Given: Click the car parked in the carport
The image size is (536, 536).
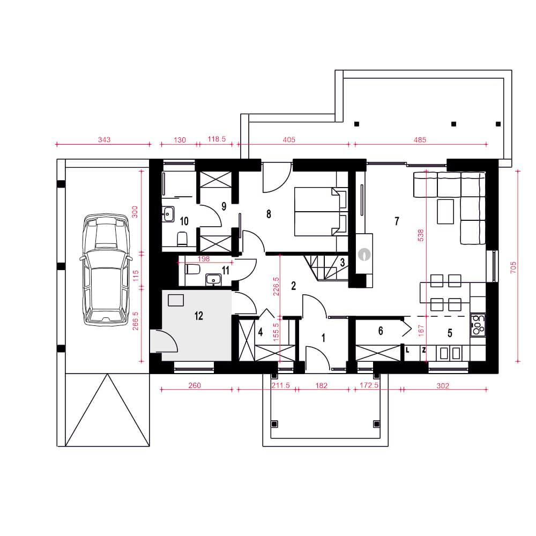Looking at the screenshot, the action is tap(106, 270).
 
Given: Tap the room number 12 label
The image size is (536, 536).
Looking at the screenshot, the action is tap(199, 316).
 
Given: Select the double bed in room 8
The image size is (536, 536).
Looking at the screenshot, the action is tap(321, 211).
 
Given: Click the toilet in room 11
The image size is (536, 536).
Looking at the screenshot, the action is tap(192, 269).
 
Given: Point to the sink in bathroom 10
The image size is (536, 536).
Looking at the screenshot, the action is tap(168, 214).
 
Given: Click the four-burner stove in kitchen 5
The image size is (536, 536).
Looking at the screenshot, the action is tap(478, 325).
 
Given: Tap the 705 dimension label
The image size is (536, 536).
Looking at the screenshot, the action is tap(513, 267).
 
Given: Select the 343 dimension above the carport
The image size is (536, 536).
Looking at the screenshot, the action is tap(105, 139).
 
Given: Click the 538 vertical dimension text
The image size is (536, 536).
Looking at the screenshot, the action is tap(421, 235).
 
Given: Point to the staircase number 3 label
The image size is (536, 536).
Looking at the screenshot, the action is tap(342, 263).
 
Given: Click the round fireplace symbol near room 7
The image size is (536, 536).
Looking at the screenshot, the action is tap(364, 254).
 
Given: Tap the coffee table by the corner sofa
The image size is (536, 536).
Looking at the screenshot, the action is tap(445, 212).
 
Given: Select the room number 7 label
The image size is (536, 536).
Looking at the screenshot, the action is tap(397, 221).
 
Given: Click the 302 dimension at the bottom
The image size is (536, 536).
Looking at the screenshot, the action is tap(443, 385).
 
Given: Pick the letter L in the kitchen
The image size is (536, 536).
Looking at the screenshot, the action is tap(407, 350).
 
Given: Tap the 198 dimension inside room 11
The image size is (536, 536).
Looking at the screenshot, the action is tap(203, 259).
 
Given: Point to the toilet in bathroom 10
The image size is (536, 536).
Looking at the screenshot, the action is tap(182, 239).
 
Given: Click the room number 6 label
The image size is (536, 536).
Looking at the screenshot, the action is tap(381, 331).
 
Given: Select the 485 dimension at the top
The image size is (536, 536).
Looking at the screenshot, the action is tap(420, 139).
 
